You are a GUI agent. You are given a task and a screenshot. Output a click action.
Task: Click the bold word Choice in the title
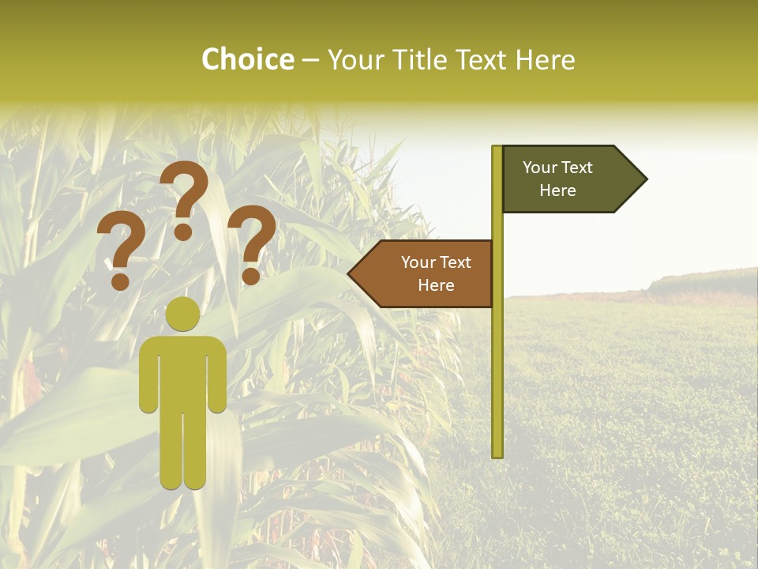click(x=247, y=60)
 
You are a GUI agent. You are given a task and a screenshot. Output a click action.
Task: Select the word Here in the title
click(x=545, y=60)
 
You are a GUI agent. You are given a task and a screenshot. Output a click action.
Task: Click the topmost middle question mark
click(x=184, y=198)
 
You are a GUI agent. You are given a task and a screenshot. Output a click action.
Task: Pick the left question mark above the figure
click(x=120, y=251)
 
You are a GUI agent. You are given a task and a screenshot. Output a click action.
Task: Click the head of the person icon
click(x=182, y=315)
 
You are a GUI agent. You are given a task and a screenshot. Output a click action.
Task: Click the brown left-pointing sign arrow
click(x=426, y=273)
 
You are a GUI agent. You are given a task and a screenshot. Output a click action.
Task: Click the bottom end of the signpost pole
click(x=497, y=454)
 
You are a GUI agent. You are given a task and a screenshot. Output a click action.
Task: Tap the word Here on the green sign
click(x=557, y=190)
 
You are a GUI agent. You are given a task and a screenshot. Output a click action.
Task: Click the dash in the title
click(x=310, y=61)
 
